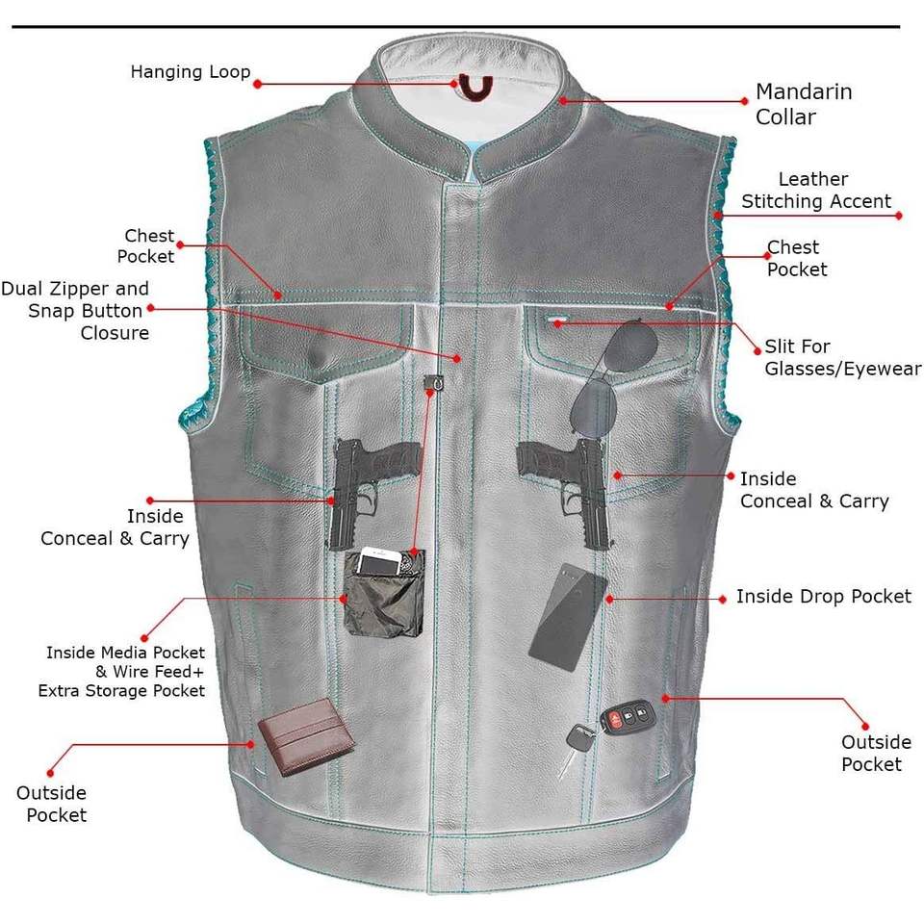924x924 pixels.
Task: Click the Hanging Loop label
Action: tap(191, 72)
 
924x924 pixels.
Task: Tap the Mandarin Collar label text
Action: tap(803, 105)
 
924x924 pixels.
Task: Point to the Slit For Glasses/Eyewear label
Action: tap(842, 358)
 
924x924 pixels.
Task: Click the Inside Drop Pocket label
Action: tap(823, 597)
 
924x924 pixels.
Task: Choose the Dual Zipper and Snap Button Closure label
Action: tap(75, 311)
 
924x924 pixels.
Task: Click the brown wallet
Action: tap(305, 736)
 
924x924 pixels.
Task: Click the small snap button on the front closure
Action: tap(436, 381)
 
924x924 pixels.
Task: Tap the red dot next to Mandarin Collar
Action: tap(745, 99)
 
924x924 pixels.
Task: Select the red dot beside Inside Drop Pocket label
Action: tap(723, 599)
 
